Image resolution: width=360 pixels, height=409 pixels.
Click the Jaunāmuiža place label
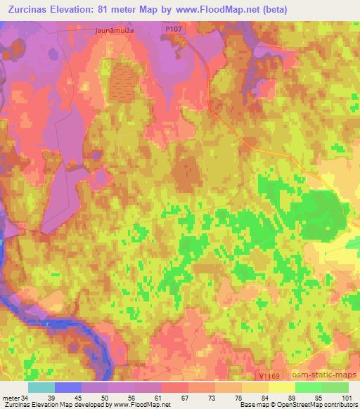tap(113, 31)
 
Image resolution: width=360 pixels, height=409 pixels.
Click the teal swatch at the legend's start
tap(41, 387)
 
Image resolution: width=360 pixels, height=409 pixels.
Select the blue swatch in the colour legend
tap(68, 387)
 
